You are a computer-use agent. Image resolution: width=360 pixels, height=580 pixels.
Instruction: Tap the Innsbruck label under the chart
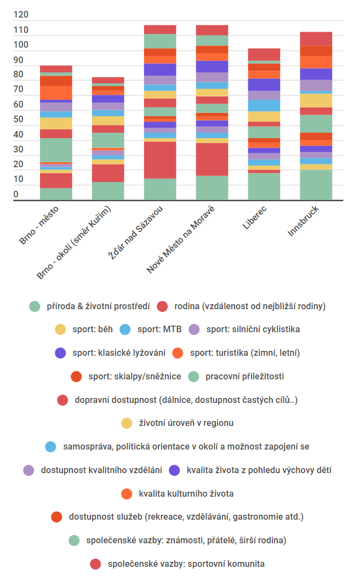click(x=304, y=221)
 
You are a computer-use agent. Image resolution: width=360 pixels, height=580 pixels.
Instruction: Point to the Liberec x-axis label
click(x=255, y=218)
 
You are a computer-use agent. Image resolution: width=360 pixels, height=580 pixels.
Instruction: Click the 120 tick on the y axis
click(x=20, y=15)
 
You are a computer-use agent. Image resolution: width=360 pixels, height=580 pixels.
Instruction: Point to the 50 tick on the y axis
click(x=20, y=120)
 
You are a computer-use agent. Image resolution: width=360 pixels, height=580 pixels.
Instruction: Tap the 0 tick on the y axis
click(x=16, y=194)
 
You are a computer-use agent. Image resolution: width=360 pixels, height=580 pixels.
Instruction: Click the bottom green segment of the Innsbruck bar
click(x=316, y=185)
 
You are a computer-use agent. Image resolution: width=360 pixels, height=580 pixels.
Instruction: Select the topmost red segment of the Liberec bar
click(x=264, y=54)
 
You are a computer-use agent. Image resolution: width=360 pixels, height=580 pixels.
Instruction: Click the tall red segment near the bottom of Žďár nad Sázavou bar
click(x=160, y=160)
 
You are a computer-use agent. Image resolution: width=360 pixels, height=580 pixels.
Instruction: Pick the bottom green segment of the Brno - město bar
click(x=56, y=194)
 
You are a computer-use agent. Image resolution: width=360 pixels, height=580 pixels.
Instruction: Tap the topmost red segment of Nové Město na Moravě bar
click(x=212, y=30)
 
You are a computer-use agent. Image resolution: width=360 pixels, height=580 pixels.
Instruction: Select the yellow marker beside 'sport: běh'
click(x=60, y=329)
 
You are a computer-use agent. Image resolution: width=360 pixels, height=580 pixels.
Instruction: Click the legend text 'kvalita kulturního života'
click(x=186, y=494)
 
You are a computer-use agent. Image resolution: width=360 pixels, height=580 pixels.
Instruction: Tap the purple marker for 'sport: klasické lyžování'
click(x=60, y=353)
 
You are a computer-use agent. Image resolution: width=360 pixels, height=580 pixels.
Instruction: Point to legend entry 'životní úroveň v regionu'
click(x=186, y=423)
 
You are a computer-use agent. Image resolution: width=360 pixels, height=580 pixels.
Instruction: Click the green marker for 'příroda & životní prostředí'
click(x=35, y=306)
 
